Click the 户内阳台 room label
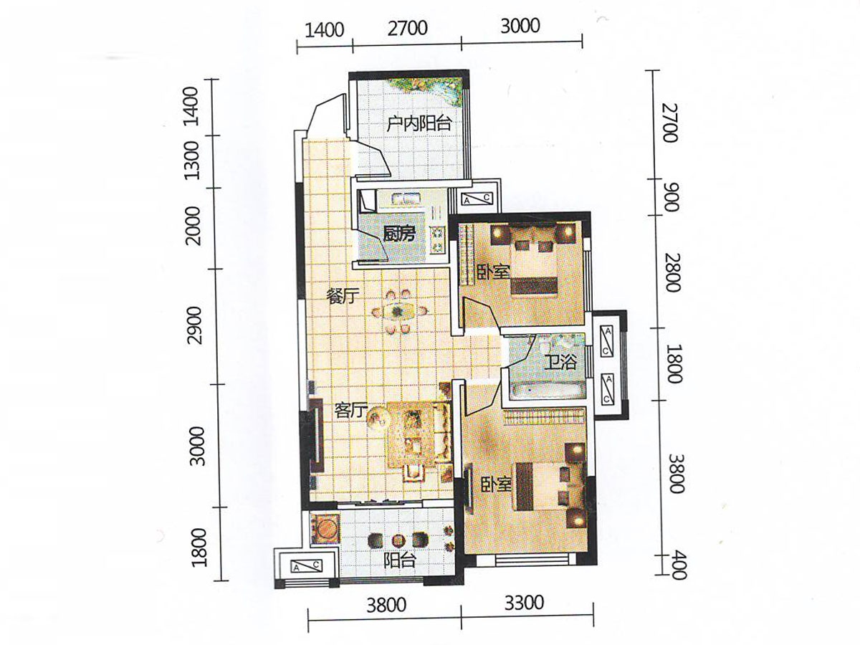pyautogui.click(x=419, y=124)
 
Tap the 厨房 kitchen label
pyautogui.click(x=398, y=234)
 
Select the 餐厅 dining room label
pyautogui.click(x=343, y=297)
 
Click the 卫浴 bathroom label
pyautogui.click(x=560, y=362)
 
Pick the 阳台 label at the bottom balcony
pyautogui.click(x=399, y=561)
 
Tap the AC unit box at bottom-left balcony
pyautogui.click(x=307, y=566)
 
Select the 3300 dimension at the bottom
pyautogui.click(x=524, y=604)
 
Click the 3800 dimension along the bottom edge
pyautogui.click(x=386, y=606)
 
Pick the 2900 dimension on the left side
pyautogui.click(x=195, y=325)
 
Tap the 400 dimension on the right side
pyautogui.click(x=678, y=565)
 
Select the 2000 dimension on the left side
pyautogui.click(x=193, y=226)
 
